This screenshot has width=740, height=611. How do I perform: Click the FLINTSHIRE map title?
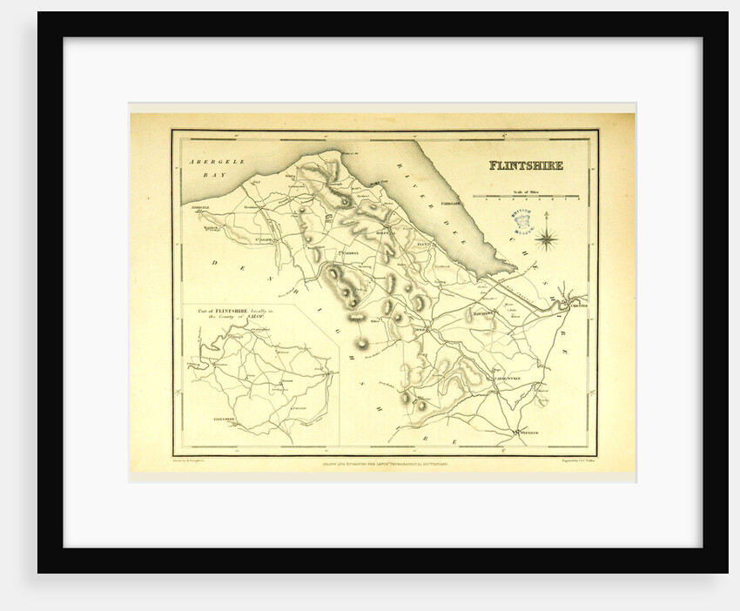(x=525, y=165)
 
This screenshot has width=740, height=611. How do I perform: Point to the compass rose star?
(x=547, y=236)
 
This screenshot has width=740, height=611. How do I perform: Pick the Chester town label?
(x=578, y=305)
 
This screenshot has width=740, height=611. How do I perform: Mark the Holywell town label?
(x=386, y=233)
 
